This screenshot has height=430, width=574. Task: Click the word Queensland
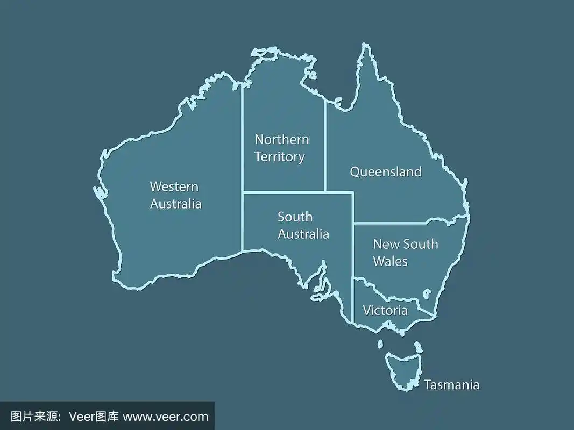[385, 172]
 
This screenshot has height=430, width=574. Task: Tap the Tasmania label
[451, 385]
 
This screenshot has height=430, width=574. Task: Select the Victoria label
[385, 311]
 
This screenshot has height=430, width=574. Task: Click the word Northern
[281, 140]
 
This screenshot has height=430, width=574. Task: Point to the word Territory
[279, 157]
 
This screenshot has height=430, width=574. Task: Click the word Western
[174, 187]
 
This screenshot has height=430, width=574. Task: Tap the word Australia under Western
[175, 204]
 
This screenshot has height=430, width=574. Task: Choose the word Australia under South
[303, 234]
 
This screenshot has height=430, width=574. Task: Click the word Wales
[390, 262]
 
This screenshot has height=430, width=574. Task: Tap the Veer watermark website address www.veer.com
[165, 417]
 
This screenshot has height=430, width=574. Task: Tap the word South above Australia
[295, 217]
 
